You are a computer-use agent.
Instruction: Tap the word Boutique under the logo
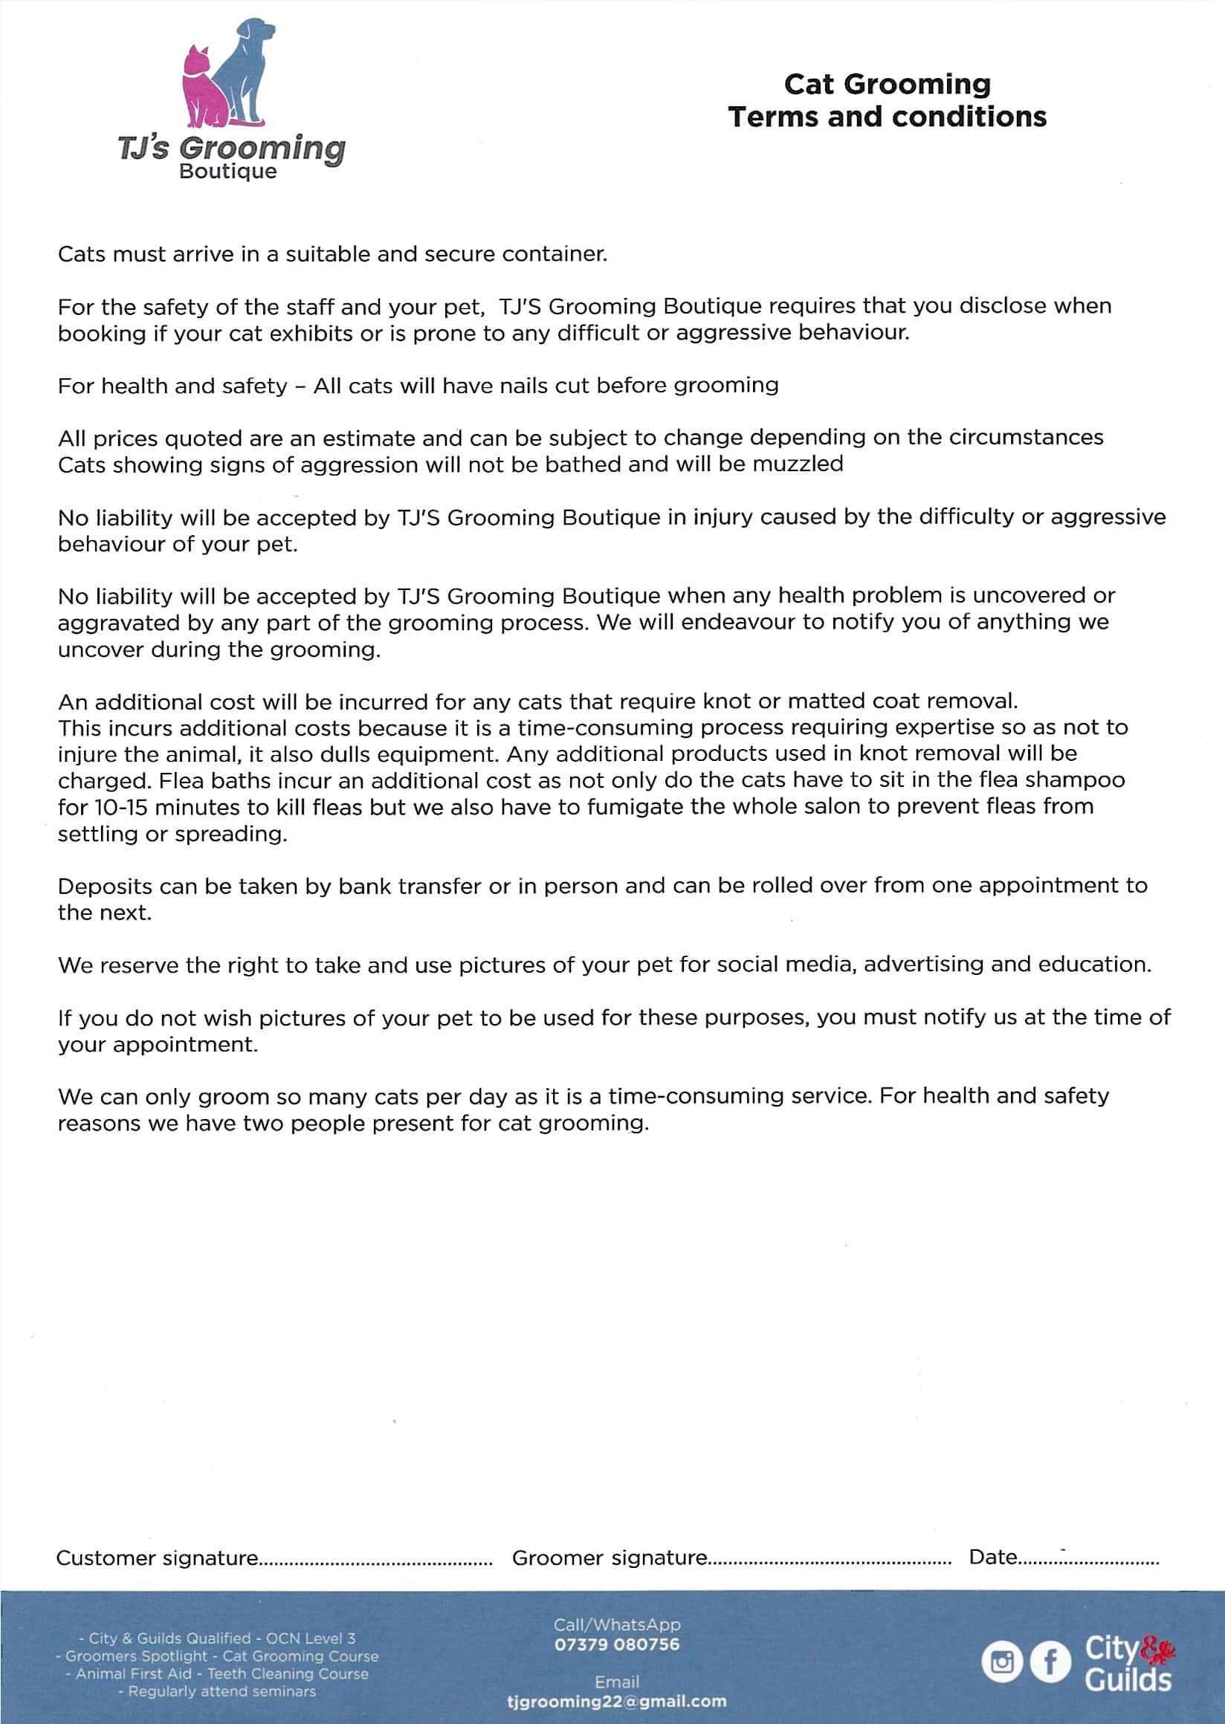(227, 171)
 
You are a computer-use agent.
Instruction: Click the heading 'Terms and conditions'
(887, 117)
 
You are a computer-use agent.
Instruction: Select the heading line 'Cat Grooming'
(887, 84)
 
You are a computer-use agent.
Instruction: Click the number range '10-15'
(121, 807)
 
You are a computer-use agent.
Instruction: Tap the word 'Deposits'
(105, 886)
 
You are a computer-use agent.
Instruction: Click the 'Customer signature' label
(157, 1559)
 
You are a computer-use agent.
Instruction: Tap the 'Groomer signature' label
(610, 1558)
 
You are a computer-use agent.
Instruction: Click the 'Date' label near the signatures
(992, 1558)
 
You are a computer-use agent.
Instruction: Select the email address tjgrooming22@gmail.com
(617, 1702)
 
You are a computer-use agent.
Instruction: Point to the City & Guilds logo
(1128, 1663)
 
